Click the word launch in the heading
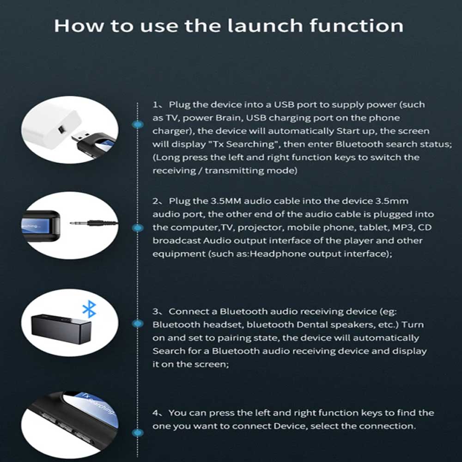pos(265,25)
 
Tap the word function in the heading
pos(356,25)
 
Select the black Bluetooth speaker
pos(61,328)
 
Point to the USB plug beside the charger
pos(80,136)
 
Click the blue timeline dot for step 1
pos(138,124)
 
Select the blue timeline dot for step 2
pos(138,227)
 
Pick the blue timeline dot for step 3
pos(138,323)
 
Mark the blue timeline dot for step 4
pos(138,432)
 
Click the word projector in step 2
pos(260,228)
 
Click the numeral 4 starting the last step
pos(155,413)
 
